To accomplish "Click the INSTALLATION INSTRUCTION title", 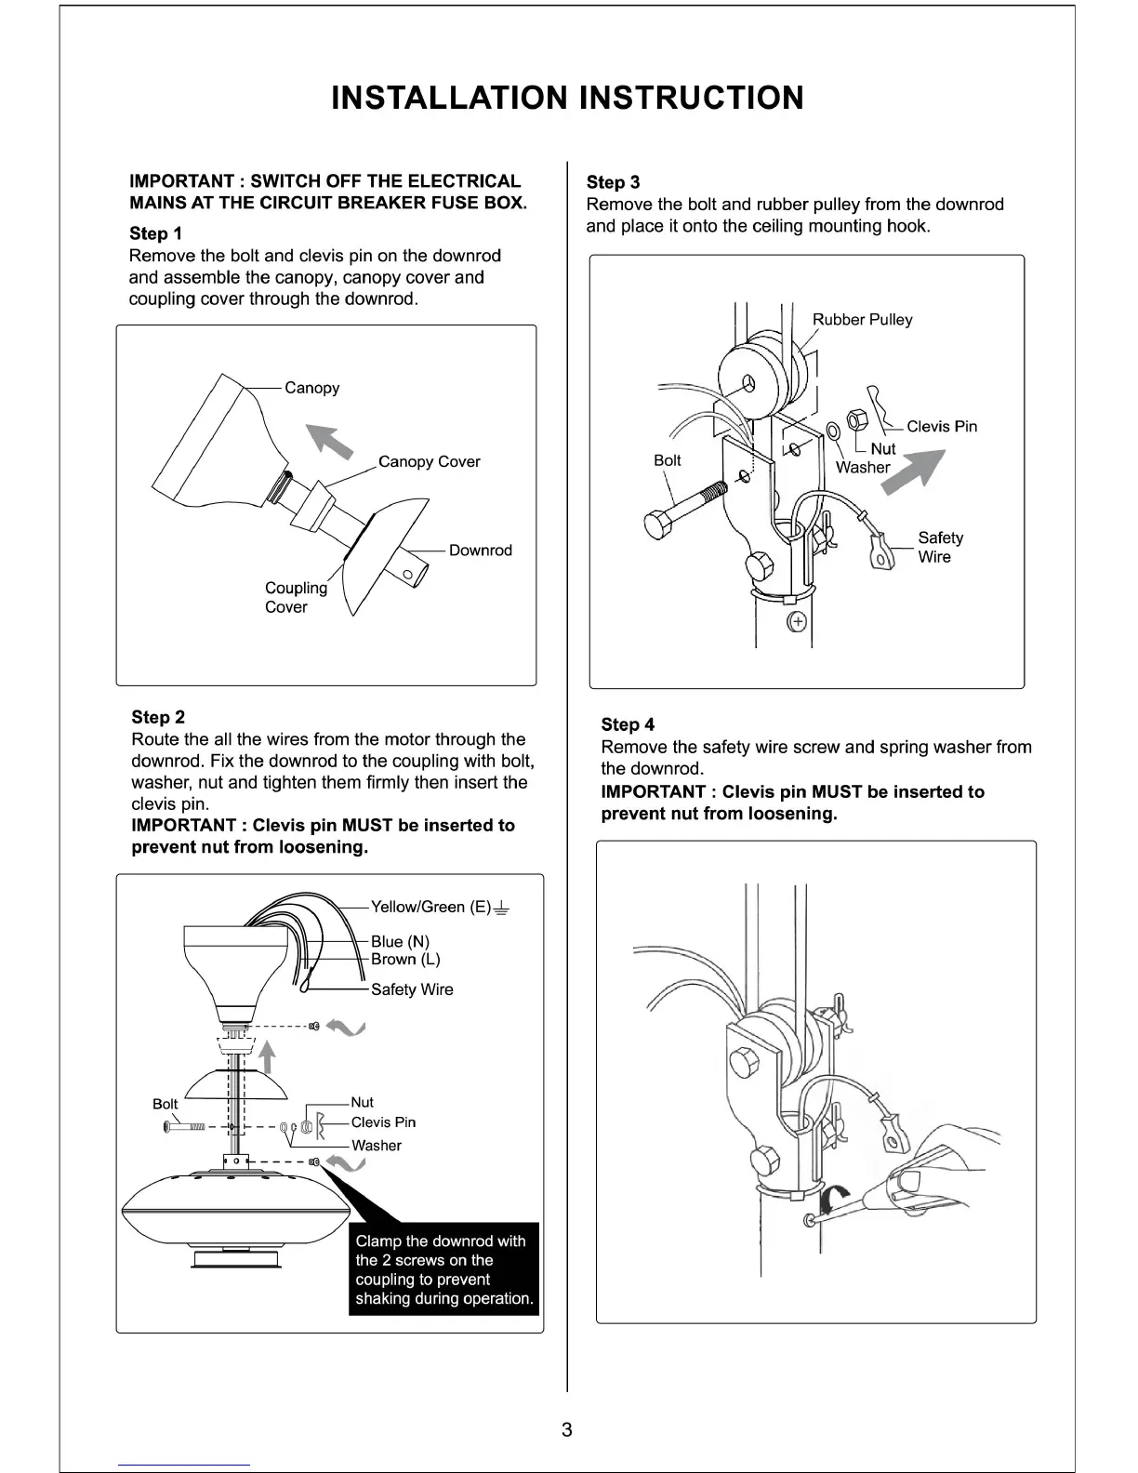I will (567, 98).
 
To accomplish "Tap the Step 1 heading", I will (156, 233).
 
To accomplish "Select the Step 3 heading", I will (613, 182).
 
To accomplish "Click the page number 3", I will (567, 1429).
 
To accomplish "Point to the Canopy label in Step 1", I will (311, 388).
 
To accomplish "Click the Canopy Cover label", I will (429, 462).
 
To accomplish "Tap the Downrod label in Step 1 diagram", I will (480, 551).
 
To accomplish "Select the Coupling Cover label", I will (296, 597).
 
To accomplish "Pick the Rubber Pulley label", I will (862, 320).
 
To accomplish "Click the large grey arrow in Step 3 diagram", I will (915, 471).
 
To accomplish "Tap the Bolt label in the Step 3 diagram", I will (667, 460).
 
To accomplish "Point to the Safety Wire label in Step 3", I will (940, 547).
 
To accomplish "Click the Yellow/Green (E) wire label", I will (430, 907).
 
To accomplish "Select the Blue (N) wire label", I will (400, 941).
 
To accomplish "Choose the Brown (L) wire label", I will (405, 960).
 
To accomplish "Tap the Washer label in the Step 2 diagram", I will (376, 1146).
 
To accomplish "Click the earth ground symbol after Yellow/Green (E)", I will (502, 908).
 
